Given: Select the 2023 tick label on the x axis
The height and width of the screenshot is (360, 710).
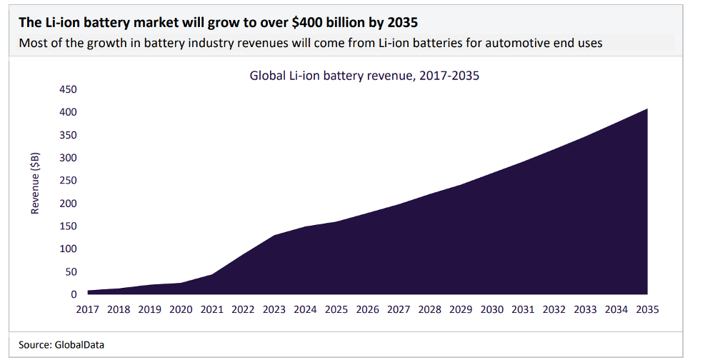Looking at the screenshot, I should (x=274, y=310).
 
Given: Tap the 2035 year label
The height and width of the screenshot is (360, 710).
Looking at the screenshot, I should (x=646, y=310).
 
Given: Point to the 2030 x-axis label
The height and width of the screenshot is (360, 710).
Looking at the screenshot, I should (x=491, y=310).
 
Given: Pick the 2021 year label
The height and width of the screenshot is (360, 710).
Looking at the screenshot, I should (x=213, y=310).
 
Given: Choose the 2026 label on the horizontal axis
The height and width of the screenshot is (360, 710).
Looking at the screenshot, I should (x=368, y=310).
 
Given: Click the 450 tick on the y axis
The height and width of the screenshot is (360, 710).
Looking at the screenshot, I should (x=68, y=89).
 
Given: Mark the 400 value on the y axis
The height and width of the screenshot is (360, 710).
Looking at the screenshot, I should (x=68, y=112).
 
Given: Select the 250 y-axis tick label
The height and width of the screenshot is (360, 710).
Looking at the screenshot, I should (x=68, y=181).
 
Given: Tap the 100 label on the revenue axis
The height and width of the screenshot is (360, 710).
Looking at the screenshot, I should (x=68, y=249).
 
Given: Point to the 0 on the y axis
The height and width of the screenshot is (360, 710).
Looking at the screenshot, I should (x=73, y=294).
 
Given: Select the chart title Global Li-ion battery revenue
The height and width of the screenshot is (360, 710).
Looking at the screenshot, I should (x=364, y=75).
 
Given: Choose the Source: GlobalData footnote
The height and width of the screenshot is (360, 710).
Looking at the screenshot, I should (x=61, y=345).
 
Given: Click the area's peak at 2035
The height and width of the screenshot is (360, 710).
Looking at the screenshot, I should (x=646, y=109).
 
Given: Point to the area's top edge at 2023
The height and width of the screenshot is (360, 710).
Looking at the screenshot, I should (x=274, y=235).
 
